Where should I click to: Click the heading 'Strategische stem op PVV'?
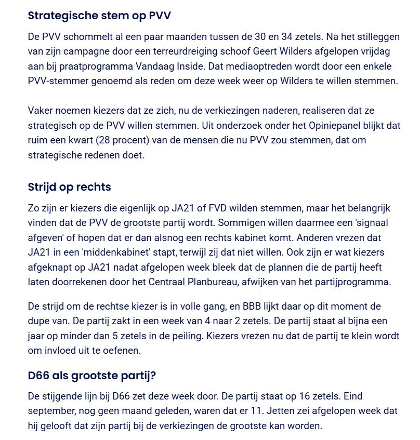(99, 16)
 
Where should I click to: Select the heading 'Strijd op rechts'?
(69, 187)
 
